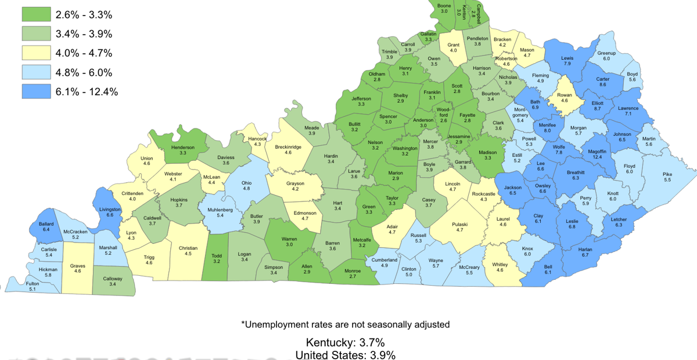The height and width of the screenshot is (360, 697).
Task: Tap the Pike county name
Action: click(x=667, y=174)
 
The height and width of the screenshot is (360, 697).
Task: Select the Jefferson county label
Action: click(x=361, y=99)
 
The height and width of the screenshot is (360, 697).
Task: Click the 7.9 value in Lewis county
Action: click(x=567, y=63)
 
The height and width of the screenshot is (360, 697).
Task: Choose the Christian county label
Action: click(x=188, y=247)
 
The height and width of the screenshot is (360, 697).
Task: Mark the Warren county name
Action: click(x=289, y=239)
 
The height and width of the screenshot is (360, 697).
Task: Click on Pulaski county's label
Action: click(x=460, y=224)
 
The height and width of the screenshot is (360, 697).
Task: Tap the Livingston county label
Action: click(x=110, y=209)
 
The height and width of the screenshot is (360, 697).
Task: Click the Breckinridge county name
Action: click(x=288, y=147)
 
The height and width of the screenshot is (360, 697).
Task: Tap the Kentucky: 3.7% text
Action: click(x=345, y=342)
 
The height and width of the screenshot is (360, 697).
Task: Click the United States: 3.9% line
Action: click(x=345, y=355)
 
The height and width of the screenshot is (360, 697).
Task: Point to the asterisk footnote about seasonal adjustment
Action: click(x=345, y=324)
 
